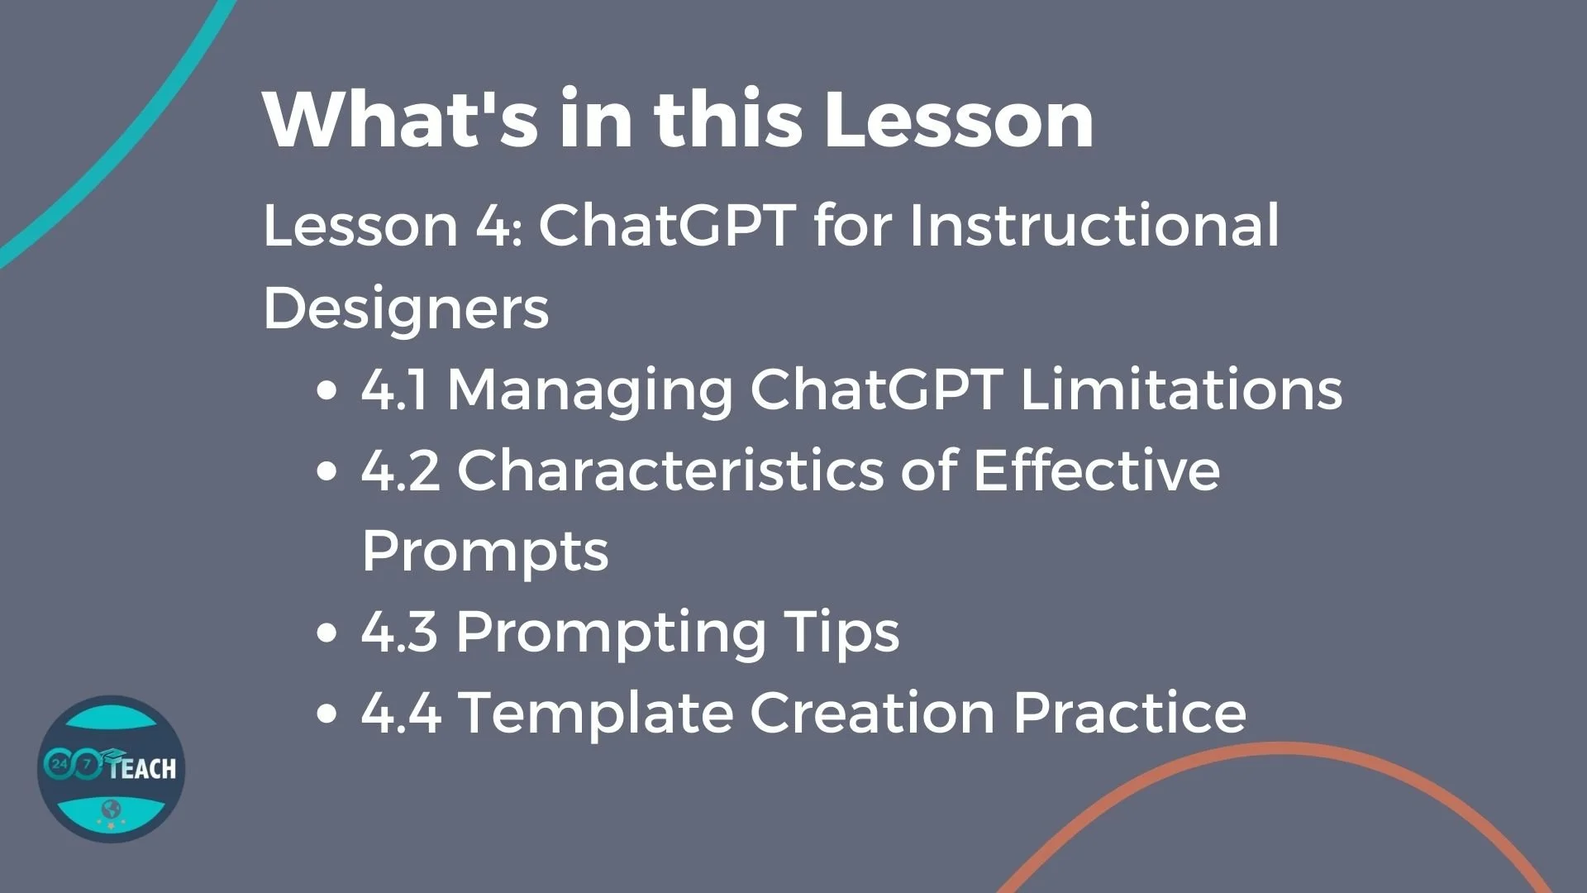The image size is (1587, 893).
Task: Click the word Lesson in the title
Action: click(x=959, y=120)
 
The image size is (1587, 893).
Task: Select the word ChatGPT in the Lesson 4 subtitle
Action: click(x=667, y=225)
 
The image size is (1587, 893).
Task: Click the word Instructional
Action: click(x=1094, y=225)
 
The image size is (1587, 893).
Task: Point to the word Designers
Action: click(x=406, y=308)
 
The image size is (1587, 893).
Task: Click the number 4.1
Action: click(x=394, y=389)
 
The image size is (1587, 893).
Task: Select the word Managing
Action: click(x=589, y=390)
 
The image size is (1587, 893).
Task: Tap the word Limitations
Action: click(x=1181, y=389)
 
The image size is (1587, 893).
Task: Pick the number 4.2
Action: click(x=400, y=470)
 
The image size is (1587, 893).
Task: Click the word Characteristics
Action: click(x=670, y=470)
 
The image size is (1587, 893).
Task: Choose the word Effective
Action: click(x=1096, y=470)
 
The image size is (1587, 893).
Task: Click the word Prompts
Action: click(x=485, y=552)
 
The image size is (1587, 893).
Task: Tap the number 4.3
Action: click(x=399, y=632)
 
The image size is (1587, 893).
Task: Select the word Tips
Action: click(x=841, y=633)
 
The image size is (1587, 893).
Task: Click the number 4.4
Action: click(x=401, y=713)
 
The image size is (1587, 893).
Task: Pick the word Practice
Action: click(x=1129, y=713)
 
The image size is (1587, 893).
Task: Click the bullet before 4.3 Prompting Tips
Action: click(x=327, y=633)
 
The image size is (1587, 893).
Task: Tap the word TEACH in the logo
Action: click(x=142, y=769)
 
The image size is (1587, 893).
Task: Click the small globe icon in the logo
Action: click(x=112, y=808)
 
